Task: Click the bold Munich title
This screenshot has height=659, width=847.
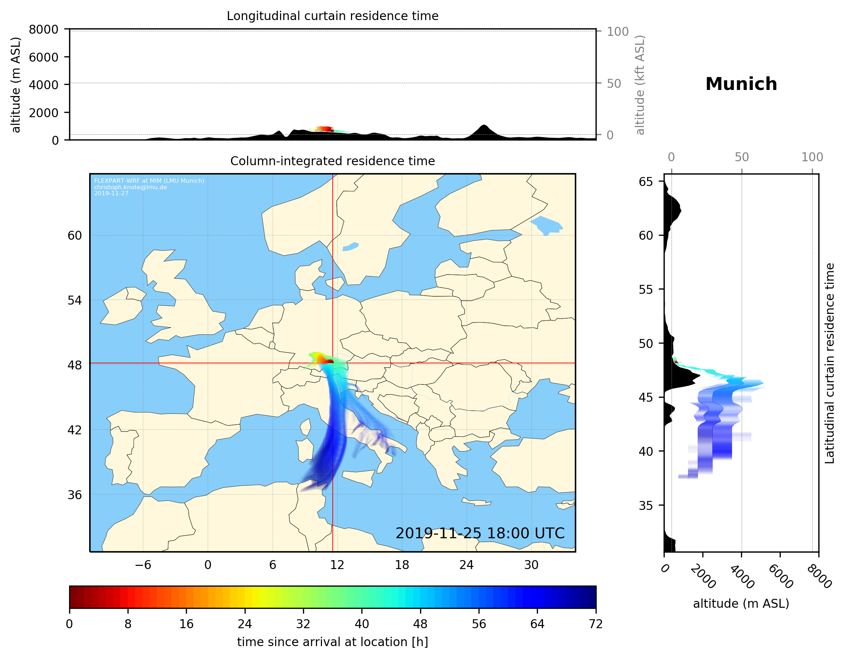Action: (x=741, y=84)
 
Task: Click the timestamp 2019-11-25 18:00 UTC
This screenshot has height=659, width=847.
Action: (x=480, y=533)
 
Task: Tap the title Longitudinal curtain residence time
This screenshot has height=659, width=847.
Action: (x=332, y=16)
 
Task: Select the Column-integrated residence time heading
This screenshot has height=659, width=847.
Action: (x=332, y=161)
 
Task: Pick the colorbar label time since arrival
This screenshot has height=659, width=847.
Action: (x=332, y=642)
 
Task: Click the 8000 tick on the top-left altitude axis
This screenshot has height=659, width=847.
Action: (x=43, y=29)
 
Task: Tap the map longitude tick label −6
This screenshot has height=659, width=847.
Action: (x=143, y=565)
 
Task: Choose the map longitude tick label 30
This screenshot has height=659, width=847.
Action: (x=531, y=565)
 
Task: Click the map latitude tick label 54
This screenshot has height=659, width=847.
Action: (x=74, y=300)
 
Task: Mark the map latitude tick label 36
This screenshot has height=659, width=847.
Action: (x=74, y=495)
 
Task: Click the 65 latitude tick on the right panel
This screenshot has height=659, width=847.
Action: (x=646, y=182)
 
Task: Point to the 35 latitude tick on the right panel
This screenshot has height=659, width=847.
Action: (x=646, y=506)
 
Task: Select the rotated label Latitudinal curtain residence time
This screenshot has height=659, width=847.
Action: (x=829, y=363)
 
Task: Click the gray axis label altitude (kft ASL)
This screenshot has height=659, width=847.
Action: (x=640, y=85)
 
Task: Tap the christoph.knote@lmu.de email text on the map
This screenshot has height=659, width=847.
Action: (x=130, y=187)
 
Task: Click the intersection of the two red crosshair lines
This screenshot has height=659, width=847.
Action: (x=333, y=363)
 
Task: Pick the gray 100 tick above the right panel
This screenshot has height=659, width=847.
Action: (x=812, y=157)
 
